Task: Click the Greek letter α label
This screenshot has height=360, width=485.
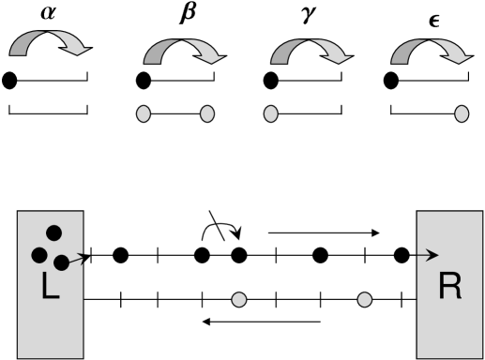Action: pyautogui.click(x=48, y=12)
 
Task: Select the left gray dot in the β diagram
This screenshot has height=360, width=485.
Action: pyautogui.click(x=144, y=115)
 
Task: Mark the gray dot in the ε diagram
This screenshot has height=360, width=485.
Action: pyautogui.click(x=462, y=115)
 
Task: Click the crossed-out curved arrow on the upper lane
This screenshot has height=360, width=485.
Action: pyautogui.click(x=221, y=237)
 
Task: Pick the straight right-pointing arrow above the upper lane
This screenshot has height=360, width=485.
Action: pyautogui.click(x=324, y=230)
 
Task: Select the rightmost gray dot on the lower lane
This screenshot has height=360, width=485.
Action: pyautogui.click(x=366, y=300)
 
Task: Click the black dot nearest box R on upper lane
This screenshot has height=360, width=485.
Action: pyautogui.click(x=402, y=254)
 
